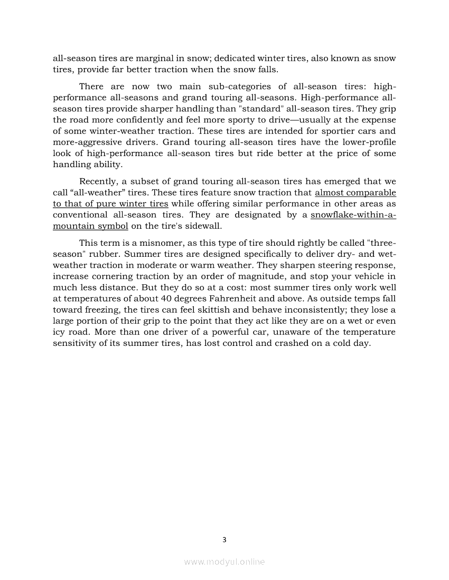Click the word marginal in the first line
click(x=152, y=58)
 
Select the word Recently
click(x=98, y=181)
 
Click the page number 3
click(x=224, y=539)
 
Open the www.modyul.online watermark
click(x=224, y=562)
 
